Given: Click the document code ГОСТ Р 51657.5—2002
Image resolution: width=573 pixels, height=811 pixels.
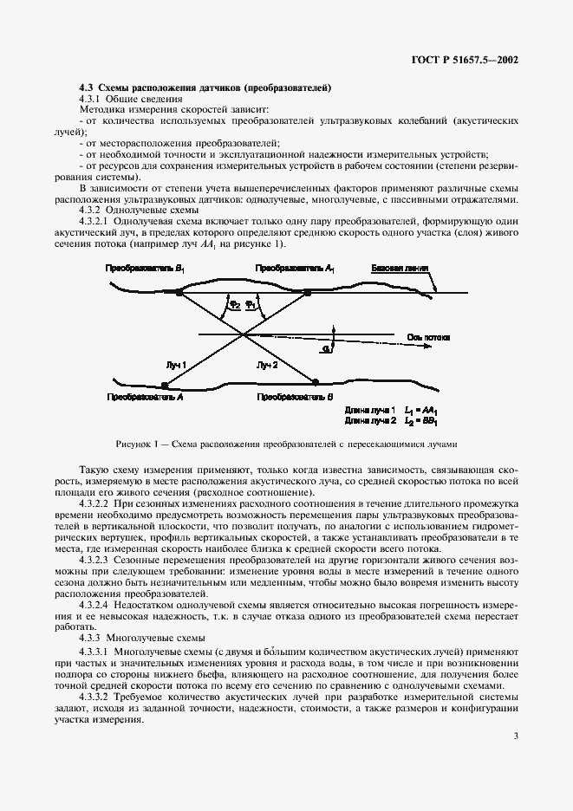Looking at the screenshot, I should (468, 62).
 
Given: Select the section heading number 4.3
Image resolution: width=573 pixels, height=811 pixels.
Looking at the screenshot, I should (87, 88).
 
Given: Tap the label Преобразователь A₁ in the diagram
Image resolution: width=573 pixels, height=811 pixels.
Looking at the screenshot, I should (295, 269).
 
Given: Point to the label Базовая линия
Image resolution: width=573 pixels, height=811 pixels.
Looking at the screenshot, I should (398, 269).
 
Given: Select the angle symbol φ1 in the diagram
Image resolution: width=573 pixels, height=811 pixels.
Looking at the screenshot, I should (251, 304).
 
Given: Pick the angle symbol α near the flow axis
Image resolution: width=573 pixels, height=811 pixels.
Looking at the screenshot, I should (323, 347).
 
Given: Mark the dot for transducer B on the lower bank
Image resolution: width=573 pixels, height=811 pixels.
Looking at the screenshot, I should (315, 380).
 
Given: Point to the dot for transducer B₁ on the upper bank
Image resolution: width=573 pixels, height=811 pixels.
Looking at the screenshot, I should (179, 295).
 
